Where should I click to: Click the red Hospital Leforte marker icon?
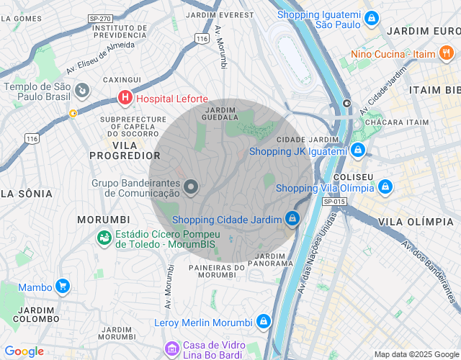(125, 98)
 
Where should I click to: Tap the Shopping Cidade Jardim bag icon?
(292, 218)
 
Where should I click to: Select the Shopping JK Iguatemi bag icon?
(358, 151)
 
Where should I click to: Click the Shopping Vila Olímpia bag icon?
(385, 187)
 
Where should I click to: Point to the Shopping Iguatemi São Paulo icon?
(371, 19)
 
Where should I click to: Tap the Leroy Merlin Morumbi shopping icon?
(264, 321)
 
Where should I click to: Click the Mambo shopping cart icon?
(63, 287)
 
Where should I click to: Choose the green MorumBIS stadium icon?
(104, 237)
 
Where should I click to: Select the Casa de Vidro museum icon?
(172, 350)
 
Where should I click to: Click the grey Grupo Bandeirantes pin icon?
(191, 187)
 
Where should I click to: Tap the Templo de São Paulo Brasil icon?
(82, 91)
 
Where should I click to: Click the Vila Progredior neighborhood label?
(125, 155)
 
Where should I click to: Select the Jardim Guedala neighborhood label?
(221, 113)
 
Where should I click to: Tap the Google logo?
(24, 351)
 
